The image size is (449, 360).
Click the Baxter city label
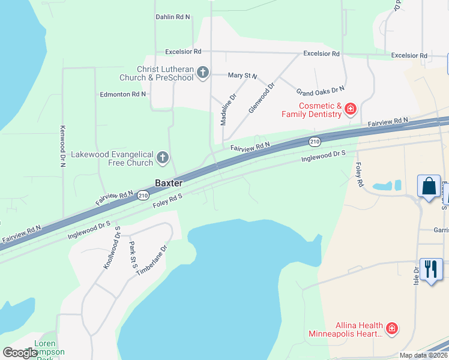pos(169,183)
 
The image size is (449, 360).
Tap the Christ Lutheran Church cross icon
pos(203,73)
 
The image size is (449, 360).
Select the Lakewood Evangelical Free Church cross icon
pos(162,158)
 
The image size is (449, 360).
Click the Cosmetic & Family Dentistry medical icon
pos(350,109)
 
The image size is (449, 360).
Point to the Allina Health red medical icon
pos(391,328)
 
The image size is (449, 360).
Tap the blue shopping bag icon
pos(430,186)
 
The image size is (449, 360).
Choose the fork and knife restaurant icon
pos(430,269)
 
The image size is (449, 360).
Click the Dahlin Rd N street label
pos(173,17)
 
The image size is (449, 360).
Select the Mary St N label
pos(243,76)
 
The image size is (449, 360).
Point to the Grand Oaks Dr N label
pos(321,90)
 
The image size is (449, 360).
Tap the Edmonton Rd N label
pos(123,94)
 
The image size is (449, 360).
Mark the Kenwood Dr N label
pos(62,146)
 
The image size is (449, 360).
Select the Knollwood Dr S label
pos(112,248)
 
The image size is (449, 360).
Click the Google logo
pos(20,353)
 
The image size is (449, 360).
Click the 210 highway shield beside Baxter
pos(142,195)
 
